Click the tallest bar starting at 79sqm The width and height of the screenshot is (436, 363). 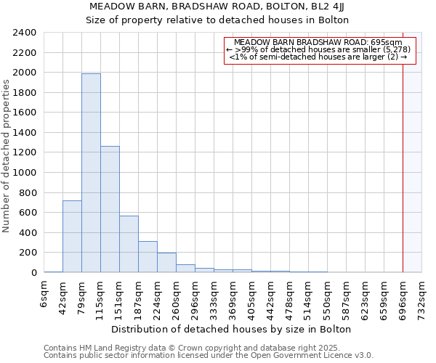click(91, 173)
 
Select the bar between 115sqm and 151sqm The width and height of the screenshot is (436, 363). click(110, 209)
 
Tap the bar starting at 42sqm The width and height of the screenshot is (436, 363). click(72, 236)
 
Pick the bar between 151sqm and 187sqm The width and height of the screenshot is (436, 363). click(129, 244)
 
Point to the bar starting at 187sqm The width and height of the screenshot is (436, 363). click(148, 256)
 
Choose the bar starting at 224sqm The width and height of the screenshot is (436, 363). click(166, 262)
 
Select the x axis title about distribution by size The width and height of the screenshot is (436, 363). click(233, 329)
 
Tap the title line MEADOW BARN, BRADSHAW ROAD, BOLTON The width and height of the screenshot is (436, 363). click(218, 7)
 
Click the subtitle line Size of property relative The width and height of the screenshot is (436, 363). click(218, 20)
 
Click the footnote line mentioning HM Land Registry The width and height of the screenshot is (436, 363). click(208, 348)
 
